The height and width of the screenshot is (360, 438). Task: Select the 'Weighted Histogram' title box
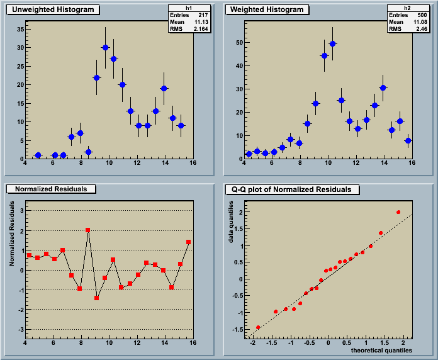pyautogui.click(x=267, y=9)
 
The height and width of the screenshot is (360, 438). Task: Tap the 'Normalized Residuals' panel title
pyautogui.click(x=55, y=189)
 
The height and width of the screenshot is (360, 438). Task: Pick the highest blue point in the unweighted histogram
pyautogui.click(x=105, y=48)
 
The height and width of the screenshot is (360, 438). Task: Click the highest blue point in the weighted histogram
pyautogui.click(x=332, y=43)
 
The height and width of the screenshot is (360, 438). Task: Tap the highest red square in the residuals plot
pyautogui.click(x=88, y=230)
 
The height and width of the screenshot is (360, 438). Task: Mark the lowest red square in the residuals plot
pyautogui.click(x=96, y=298)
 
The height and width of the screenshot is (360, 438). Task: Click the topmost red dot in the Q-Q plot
pyautogui.click(x=398, y=212)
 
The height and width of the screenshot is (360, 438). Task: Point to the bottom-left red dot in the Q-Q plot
pyautogui.click(x=258, y=327)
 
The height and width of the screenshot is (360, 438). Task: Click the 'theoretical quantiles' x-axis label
pyautogui.click(x=381, y=349)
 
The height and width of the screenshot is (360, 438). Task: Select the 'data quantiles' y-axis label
pyautogui.click(x=232, y=222)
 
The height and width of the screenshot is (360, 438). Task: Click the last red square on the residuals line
pyautogui.click(x=188, y=242)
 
